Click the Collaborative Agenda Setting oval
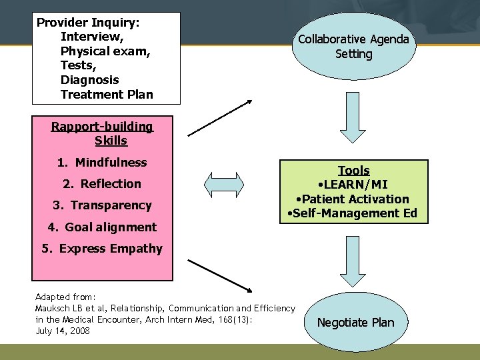tap(353, 47)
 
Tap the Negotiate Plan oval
tap(355, 323)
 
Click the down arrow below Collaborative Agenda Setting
tap(353, 113)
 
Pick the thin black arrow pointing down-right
tap(220, 275)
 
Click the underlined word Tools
tap(353, 171)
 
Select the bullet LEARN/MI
tap(353, 185)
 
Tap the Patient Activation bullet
tap(353, 199)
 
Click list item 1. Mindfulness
tap(101, 162)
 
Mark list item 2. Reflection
tap(102, 183)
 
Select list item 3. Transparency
tap(102, 205)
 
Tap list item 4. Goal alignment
tap(102, 227)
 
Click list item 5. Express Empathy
tap(102, 249)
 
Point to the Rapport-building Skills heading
tap(102, 133)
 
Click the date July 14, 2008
tap(62, 331)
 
